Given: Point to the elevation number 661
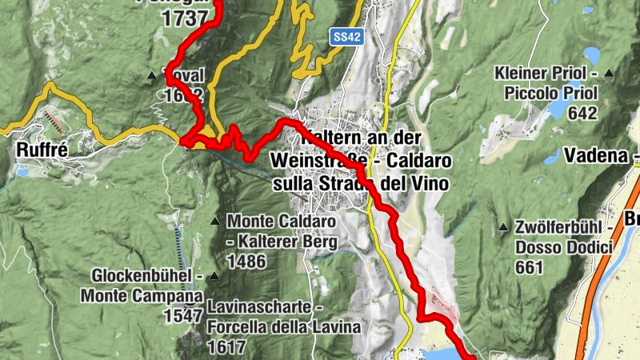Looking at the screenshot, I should coord(530,268).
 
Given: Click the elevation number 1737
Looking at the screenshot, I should coord(185,19).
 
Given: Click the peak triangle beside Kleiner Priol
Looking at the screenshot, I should coord(609,74).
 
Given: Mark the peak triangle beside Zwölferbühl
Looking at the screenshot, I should coord(503,227).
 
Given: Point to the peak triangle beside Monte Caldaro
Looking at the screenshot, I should coord(215,221).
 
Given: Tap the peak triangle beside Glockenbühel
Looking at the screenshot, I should coord(214,277).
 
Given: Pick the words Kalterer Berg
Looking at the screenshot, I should coord(288,242).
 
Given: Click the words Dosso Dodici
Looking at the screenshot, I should coord(564,248).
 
